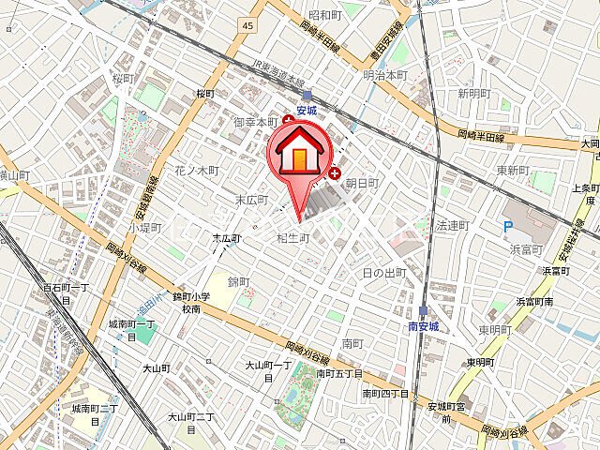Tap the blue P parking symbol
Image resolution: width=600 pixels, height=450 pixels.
click(x=507, y=226)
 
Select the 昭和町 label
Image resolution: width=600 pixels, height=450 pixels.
click(x=324, y=15)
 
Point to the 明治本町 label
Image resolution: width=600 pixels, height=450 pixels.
click(x=386, y=74)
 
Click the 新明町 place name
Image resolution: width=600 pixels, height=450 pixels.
click(x=474, y=94)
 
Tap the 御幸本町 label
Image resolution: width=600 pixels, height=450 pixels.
click(x=255, y=122)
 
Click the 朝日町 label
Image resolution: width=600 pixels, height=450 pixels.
click(x=362, y=184)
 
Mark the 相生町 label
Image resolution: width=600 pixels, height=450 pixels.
click(x=292, y=239)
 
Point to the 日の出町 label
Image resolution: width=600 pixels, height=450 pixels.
click(x=383, y=273)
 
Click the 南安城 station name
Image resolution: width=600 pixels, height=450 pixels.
click(x=424, y=327)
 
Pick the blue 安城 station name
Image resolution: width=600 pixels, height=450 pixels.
click(x=307, y=110)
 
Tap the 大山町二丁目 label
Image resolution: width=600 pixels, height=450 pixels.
click(x=191, y=422)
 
